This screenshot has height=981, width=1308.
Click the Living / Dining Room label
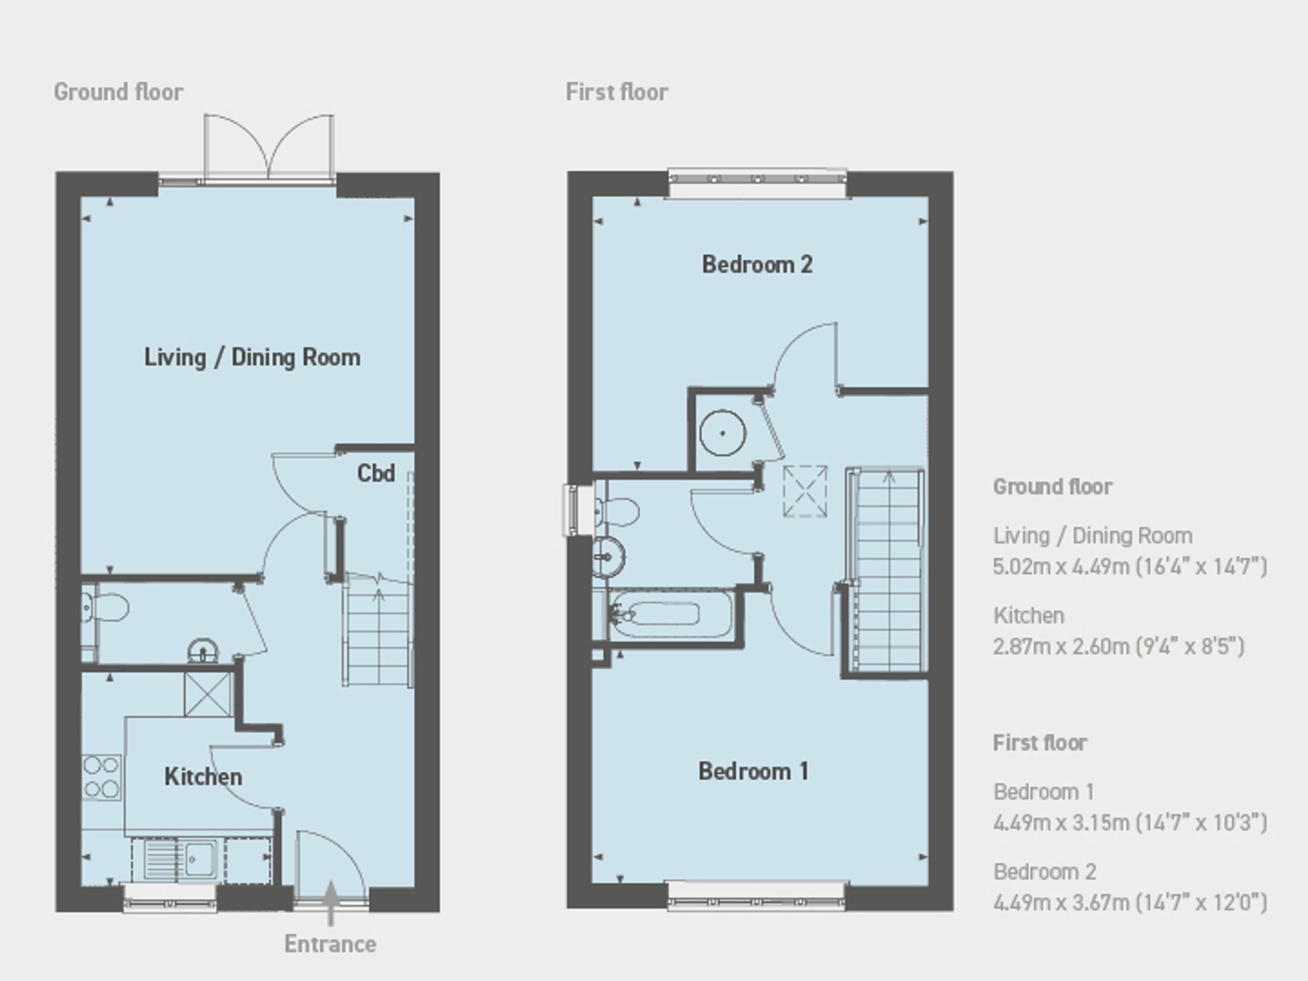(x=253, y=358)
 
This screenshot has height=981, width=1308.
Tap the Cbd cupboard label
(x=376, y=473)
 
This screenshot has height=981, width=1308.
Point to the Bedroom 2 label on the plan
(x=758, y=264)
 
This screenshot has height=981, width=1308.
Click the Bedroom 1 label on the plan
(x=754, y=771)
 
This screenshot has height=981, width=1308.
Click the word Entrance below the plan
(x=330, y=944)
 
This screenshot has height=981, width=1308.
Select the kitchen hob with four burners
(x=101, y=777)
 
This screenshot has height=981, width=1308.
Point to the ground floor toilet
(x=105, y=607)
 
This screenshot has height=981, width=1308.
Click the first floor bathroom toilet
(x=617, y=511)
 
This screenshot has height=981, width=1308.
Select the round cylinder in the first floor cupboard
(x=722, y=433)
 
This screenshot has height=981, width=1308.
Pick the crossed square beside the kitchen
(x=208, y=694)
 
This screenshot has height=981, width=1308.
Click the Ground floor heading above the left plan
(x=119, y=92)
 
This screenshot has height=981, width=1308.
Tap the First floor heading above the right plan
(x=617, y=92)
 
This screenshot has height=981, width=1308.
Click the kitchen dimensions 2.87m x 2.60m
(x=1119, y=646)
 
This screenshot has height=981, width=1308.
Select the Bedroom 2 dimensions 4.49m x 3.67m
(x=1131, y=903)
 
